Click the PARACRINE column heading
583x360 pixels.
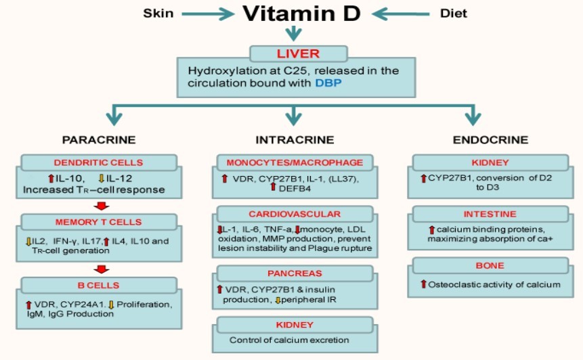click(x=99, y=140)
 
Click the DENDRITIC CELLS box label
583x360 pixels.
click(x=98, y=163)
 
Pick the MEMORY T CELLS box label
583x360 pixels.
click(x=98, y=222)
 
